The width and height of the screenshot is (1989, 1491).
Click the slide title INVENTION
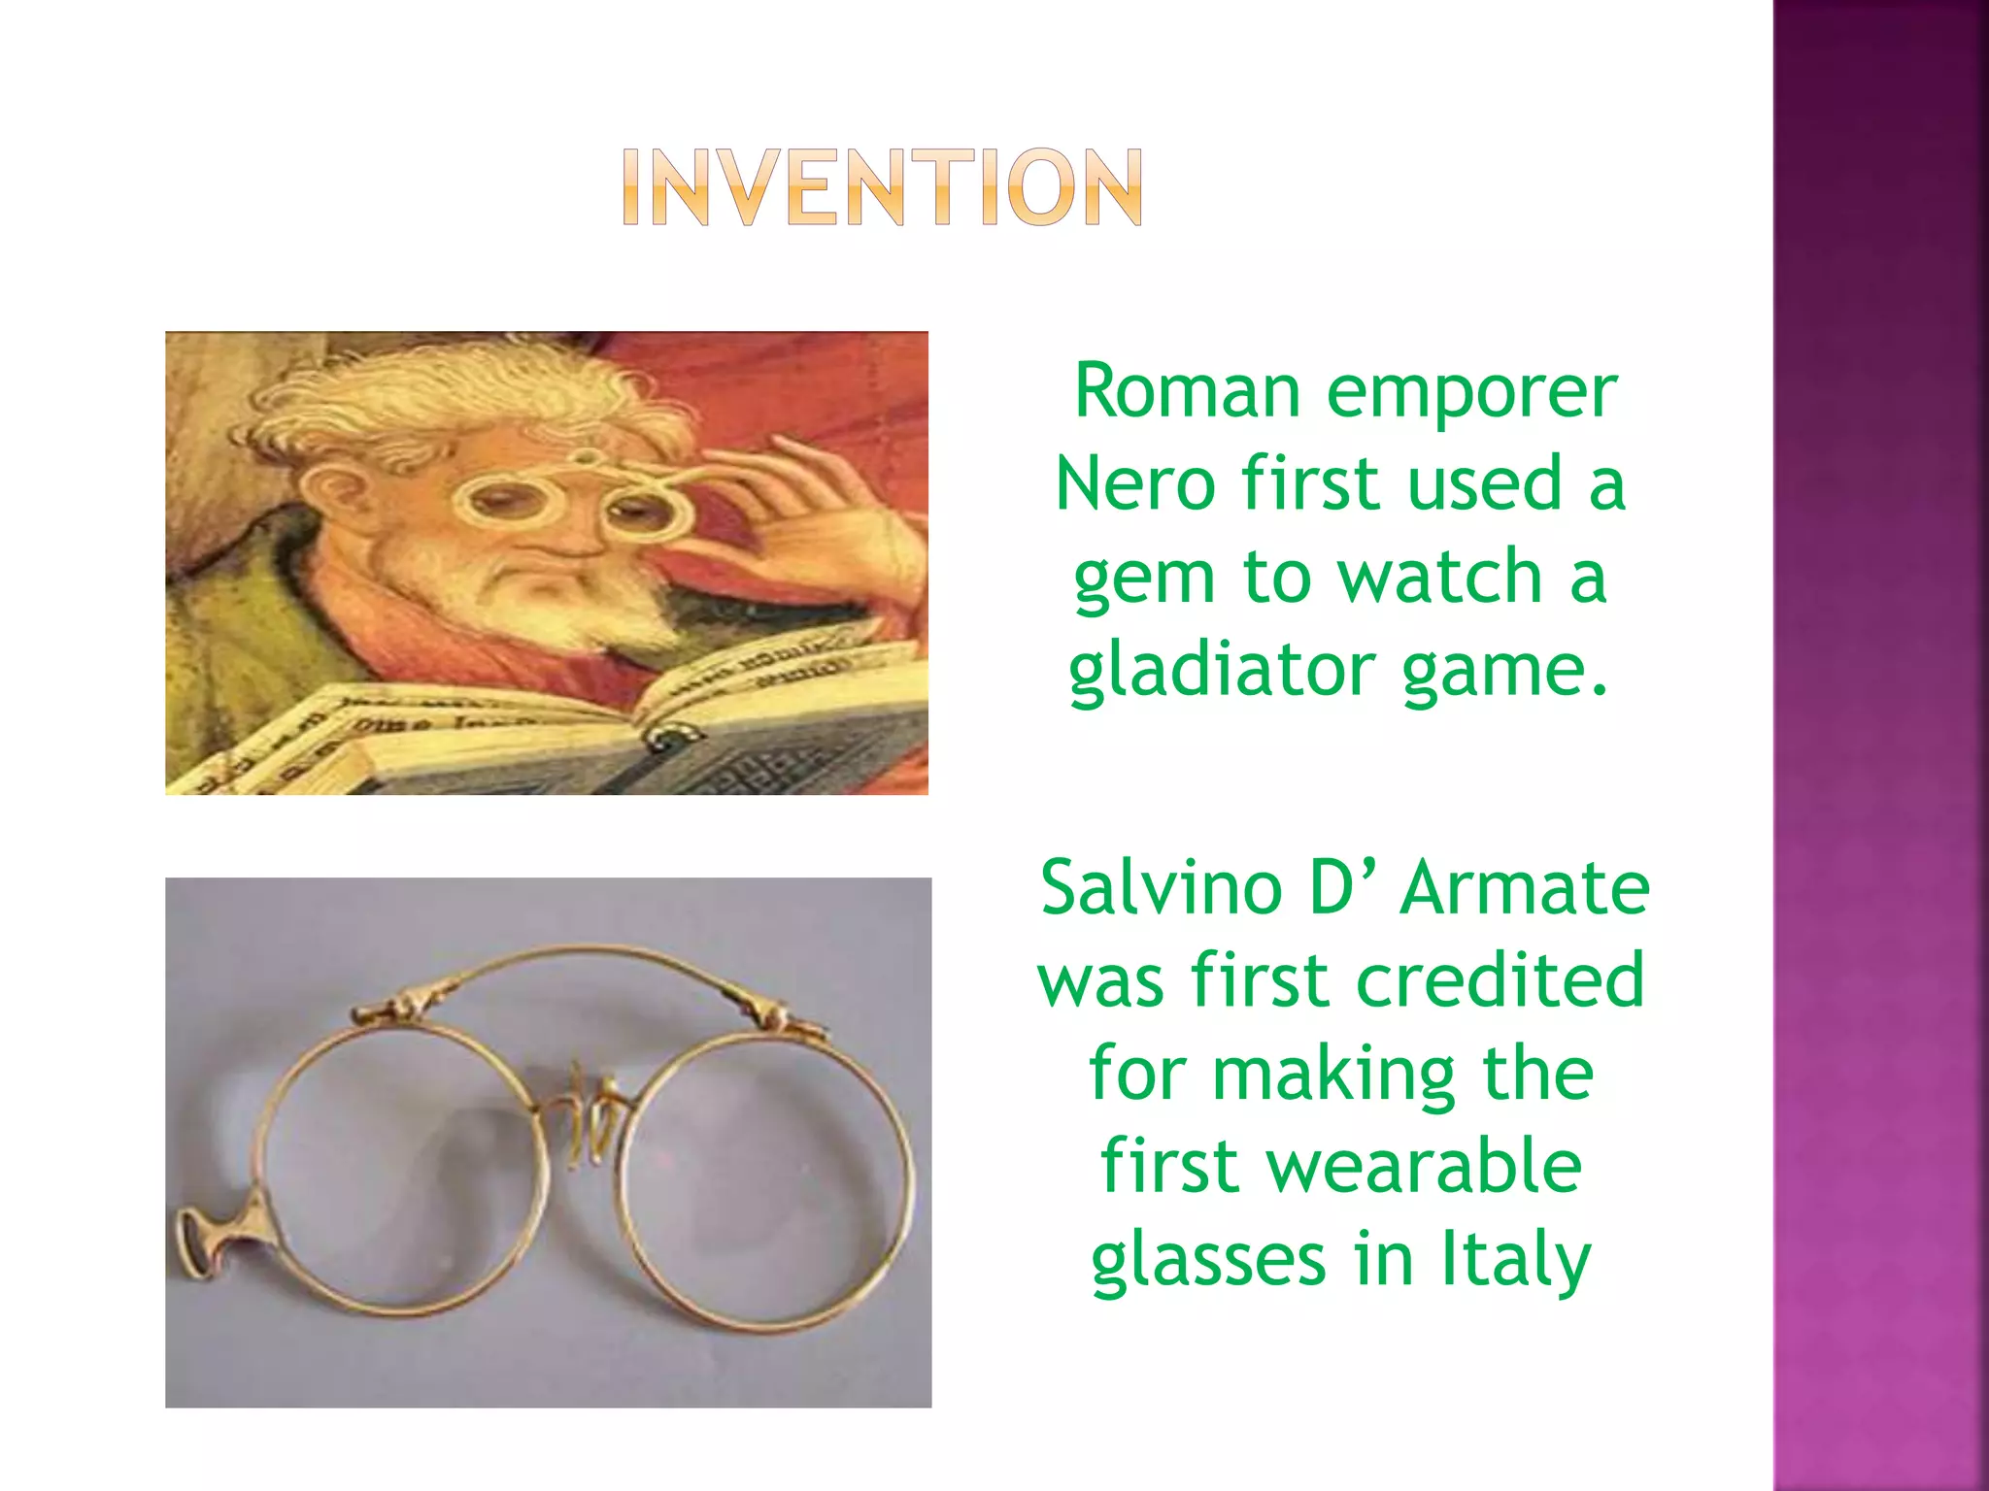pos(882,187)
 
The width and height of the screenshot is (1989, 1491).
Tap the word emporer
pos(1470,391)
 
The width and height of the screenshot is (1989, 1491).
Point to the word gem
pos(1144,579)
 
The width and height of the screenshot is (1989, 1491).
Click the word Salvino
pos(1161,887)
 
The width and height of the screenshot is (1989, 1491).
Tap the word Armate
pos(1525,887)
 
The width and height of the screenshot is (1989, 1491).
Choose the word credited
pos(1500,980)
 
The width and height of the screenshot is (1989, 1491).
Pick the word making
pos(1333,1074)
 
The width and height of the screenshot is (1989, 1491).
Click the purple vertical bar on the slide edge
pos(1880,745)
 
